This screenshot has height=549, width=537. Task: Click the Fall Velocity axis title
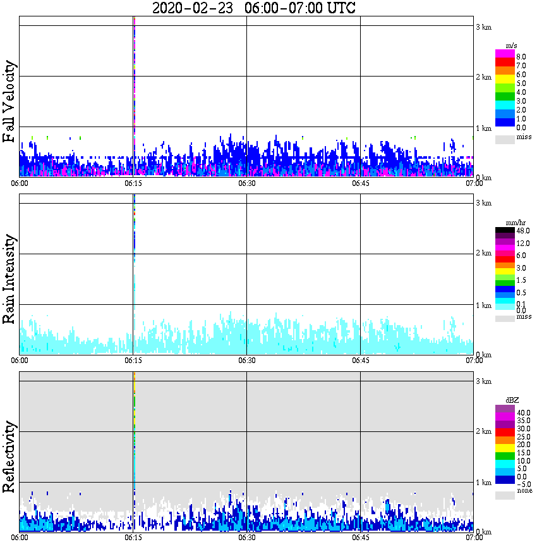[x=9, y=102]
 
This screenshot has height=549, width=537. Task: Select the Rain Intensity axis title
[x=9, y=279]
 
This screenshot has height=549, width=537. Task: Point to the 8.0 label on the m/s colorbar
[x=521, y=57]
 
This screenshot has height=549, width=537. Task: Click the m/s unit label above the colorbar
[x=512, y=46]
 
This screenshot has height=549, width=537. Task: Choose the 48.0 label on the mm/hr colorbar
[x=522, y=231]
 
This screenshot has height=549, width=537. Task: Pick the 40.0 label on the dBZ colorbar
[x=522, y=412]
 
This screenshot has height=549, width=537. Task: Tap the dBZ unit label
[x=512, y=400]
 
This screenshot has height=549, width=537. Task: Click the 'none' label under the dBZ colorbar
[x=524, y=491]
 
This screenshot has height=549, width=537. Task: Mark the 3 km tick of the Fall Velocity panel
[x=483, y=27]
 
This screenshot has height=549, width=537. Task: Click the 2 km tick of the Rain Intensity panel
[x=483, y=254]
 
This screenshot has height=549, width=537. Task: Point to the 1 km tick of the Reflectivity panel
[x=483, y=483]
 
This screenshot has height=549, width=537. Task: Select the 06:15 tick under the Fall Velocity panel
[x=133, y=183]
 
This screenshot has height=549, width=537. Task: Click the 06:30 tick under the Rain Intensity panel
[x=246, y=361]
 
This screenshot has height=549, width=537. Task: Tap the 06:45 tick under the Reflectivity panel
[x=360, y=538]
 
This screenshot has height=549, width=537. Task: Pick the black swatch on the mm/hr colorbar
[x=505, y=230]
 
